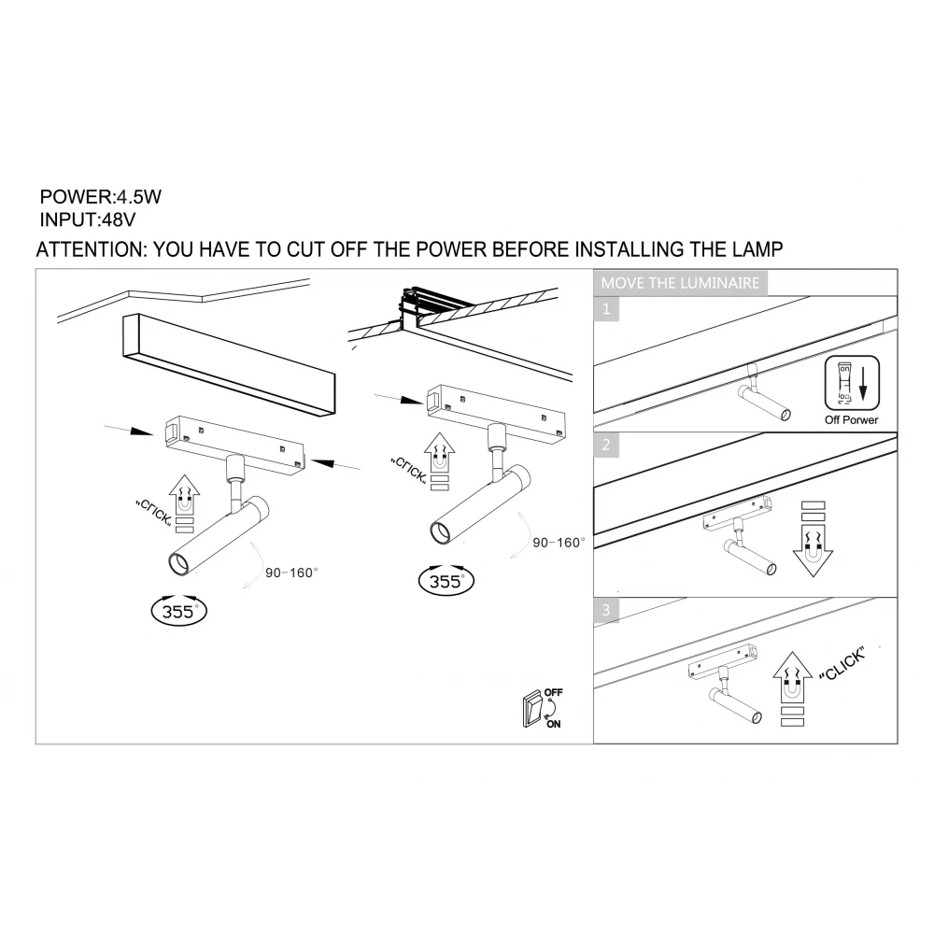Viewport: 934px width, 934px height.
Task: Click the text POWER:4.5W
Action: click(x=94, y=198)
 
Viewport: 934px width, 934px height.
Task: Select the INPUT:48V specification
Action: click(x=89, y=221)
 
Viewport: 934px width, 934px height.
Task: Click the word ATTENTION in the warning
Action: click(x=89, y=250)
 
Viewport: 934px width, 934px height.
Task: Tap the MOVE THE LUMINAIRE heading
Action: click(x=680, y=283)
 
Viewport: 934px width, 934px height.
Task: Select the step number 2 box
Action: click(x=607, y=445)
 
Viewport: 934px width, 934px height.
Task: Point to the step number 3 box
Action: click(x=607, y=611)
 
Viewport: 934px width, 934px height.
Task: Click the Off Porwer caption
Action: click(x=852, y=419)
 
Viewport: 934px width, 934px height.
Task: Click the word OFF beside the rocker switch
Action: click(x=554, y=693)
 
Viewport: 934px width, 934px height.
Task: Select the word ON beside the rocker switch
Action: click(x=555, y=723)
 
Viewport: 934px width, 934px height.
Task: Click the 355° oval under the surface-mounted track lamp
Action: click(x=178, y=612)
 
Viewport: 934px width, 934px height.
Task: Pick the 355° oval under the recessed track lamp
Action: click(x=446, y=580)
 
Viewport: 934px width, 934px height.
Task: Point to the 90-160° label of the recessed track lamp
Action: click(x=558, y=542)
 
